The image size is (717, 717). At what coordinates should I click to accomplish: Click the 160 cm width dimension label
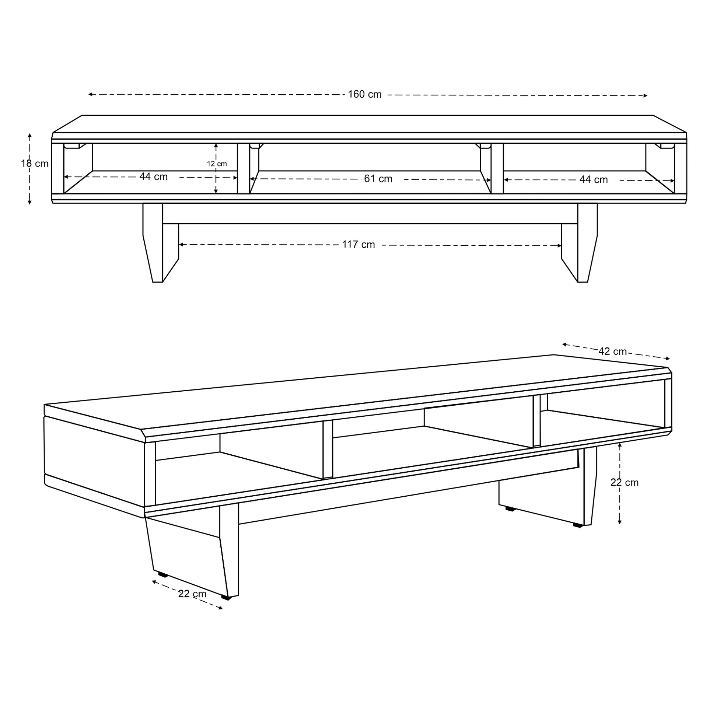click(x=364, y=95)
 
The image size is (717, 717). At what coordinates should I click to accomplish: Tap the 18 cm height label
click(x=35, y=164)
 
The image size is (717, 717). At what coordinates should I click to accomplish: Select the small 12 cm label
click(x=217, y=164)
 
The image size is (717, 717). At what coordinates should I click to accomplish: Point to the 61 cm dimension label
click(x=378, y=179)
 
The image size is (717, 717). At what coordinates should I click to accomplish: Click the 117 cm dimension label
click(x=358, y=245)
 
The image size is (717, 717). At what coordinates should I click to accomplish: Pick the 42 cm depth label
click(x=613, y=351)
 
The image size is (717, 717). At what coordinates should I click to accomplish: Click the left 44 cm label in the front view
click(x=153, y=176)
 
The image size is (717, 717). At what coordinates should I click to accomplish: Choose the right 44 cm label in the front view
click(x=594, y=180)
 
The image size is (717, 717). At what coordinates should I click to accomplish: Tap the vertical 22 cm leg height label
click(x=625, y=482)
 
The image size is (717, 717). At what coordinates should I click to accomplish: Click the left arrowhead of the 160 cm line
click(x=90, y=94)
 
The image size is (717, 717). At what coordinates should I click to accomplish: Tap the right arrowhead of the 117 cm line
click(x=559, y=246)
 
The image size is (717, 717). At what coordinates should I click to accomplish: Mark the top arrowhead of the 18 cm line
click(x=30, y=135)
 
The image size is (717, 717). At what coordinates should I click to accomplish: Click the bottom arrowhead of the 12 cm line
click(x=216, y=192)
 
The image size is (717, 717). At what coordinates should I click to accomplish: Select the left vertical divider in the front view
click(x=244, y=168)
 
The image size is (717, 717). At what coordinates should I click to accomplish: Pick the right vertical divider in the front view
click(x=497, y=168)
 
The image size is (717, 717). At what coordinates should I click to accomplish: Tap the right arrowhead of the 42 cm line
click(x=668, y=358)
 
